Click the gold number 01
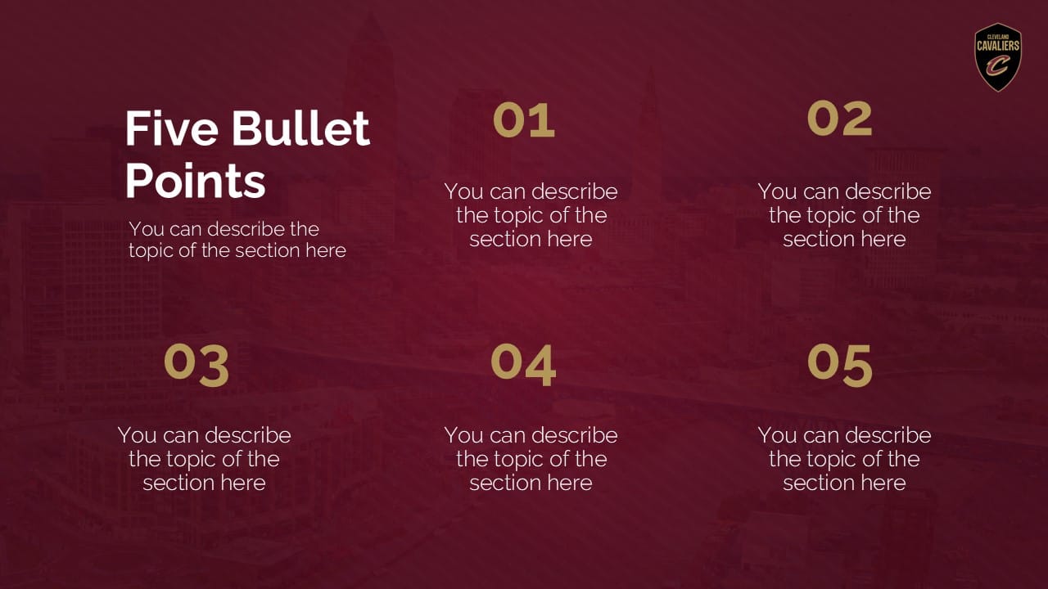tap(524, 120)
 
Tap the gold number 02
tap(839, 119)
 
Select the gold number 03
tap(196, 365)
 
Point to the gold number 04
tap(523, 365)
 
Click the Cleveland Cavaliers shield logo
tap(997, 56)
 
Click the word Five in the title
tap(171, 128)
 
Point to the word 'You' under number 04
tap(463, 435)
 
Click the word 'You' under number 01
tap(463, 191)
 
